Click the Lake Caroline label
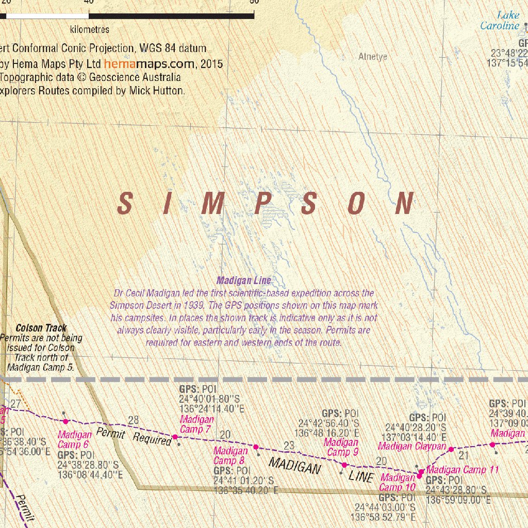[499, 21]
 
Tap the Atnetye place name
[372, 57]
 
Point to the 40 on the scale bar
[88, 2]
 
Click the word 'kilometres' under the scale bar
[90, 29]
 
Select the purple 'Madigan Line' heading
[243, 281]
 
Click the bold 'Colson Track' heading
[41, 328]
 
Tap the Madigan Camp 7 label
[196, 424]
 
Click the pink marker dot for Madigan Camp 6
[65, 422]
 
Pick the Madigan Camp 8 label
[230, 456]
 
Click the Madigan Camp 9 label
[341, 447]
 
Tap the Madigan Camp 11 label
[463, 470]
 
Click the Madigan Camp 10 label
[398, 483]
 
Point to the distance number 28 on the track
[134, 420]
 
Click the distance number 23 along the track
[289, 445]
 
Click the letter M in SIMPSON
[212, 204]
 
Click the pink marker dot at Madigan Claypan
[451, 449]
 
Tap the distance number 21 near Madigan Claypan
[464, 455]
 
